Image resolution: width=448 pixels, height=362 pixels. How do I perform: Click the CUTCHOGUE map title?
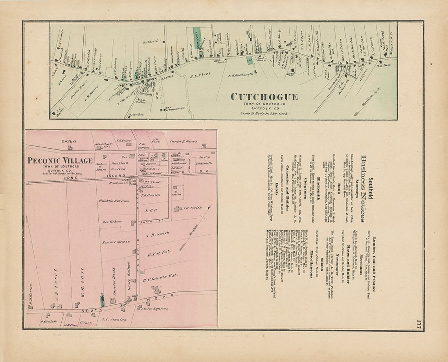[x=264, y=97]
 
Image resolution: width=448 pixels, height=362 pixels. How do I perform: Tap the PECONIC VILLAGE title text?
[x=60, y=160]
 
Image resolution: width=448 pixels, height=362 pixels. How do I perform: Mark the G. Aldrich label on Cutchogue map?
[x=150, y=41]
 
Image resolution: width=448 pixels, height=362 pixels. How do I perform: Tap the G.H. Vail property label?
[x=68, y=141]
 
